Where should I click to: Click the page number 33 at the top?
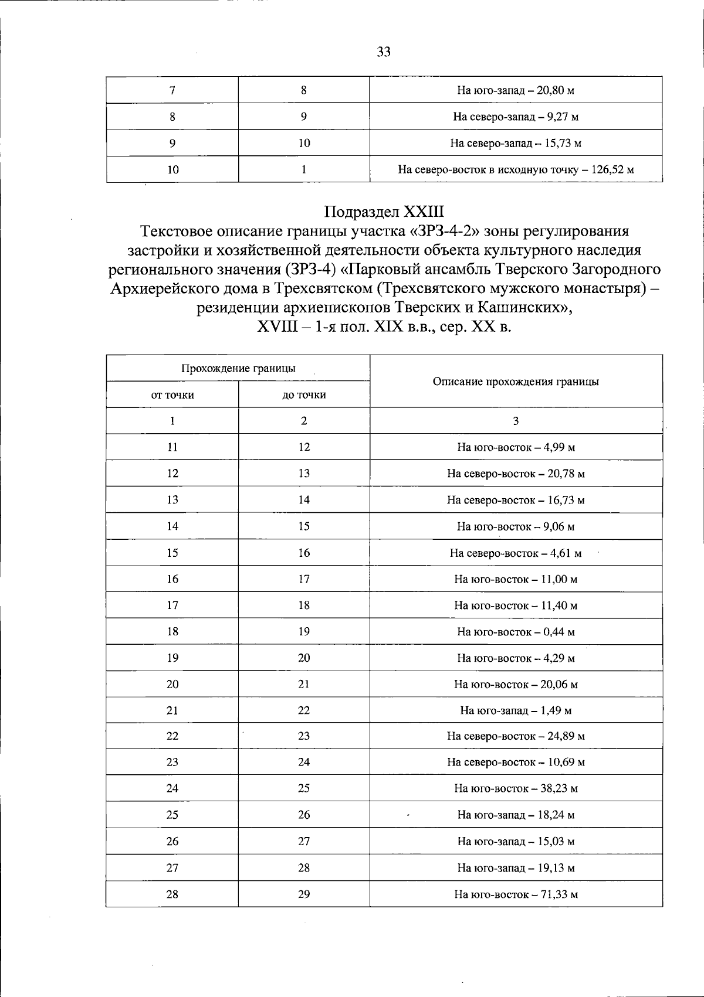click(x=384, y=52)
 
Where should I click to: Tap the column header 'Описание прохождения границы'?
click(x=516, y=382)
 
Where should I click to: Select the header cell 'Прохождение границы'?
click(x=238, y=368)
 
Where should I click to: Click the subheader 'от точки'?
click(x=172, y=394)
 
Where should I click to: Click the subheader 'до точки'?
click(x=304, y=394)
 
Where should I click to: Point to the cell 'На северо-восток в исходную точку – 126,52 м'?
click(x=516, y=169)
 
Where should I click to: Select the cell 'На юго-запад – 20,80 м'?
click(x=516, y=90)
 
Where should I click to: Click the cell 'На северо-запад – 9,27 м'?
click(x=516, y=117)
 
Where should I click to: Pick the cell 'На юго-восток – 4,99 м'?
click(x=516, y=447)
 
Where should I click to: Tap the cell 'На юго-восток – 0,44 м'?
click(x=516, y=632)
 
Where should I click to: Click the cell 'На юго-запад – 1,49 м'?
click(x=516, y=710)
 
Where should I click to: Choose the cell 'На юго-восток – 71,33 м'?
click(x=516, y=894)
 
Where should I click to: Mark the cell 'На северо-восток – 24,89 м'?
click(x=516, y=736)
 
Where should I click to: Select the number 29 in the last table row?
click(x=304, y=894)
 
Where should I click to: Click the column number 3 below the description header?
click(x=516, y=421)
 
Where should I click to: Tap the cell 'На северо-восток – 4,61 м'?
click(x=516, y=553)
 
